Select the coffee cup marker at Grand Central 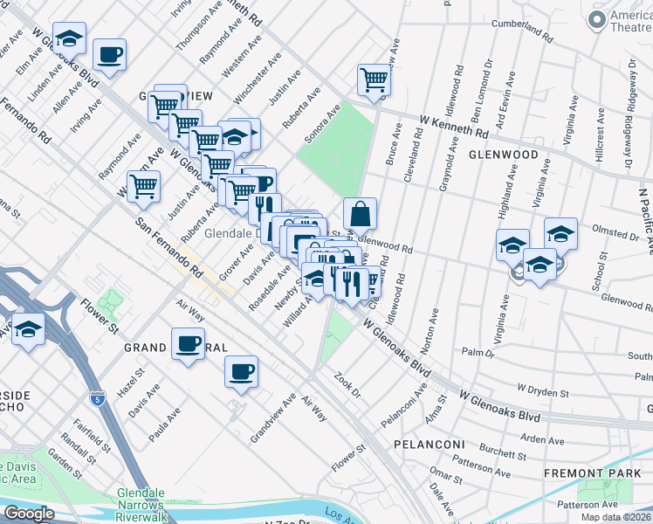click(188, 344)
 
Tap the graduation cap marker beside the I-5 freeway click(29, 329)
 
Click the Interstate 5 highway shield click(97, 398)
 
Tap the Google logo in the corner click(28, 514)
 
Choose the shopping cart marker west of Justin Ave click(143, 185)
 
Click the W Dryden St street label click(543, 387)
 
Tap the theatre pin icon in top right click(597, 20)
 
